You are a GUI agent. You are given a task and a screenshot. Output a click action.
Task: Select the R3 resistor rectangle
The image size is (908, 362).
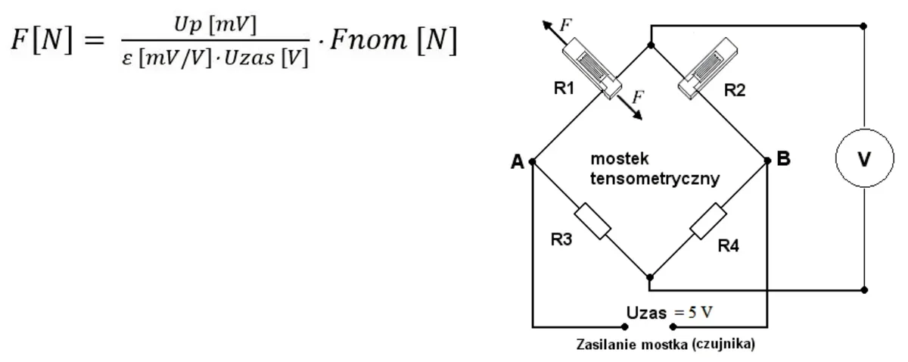[x=592, y=221]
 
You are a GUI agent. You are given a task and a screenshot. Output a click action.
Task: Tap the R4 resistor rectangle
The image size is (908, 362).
[x=708, y=221]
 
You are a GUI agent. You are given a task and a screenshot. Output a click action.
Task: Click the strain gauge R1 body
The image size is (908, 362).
[x=592, y=68]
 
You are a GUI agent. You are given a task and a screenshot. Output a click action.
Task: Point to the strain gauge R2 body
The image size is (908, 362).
[x=707, y=68]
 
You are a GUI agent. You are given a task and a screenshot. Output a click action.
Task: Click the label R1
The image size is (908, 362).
[x=564, y=88]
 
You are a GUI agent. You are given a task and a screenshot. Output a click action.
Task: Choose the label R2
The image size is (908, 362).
[x=735, y=90]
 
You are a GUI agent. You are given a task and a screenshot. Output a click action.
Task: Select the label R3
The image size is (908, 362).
[x=561, y=239]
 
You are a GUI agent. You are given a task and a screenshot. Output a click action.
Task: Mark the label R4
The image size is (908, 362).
[x=729, y=245]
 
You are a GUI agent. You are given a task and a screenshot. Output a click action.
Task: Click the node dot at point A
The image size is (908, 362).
[x=532, y=162]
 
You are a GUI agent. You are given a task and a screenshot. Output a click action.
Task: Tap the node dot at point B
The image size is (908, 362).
[x=767, y=161]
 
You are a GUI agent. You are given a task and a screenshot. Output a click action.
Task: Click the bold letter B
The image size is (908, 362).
[x=784, y=159]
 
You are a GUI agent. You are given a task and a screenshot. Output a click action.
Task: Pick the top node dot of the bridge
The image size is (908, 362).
[x=651, y=45]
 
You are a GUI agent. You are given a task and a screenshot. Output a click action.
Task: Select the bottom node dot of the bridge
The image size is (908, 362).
[x=650, y=278]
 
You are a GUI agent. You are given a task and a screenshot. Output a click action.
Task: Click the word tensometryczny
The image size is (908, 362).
[x=655, y=179]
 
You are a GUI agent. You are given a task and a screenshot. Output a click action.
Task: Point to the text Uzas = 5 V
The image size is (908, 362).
[x=669, y=313]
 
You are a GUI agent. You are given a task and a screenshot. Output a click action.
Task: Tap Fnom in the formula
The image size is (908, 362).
[x=368, y=40]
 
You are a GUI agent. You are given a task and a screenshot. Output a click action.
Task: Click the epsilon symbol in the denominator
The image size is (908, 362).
[x=127, y=59]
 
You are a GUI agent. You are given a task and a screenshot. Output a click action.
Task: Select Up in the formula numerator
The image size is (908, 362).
[x=188, y=25]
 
